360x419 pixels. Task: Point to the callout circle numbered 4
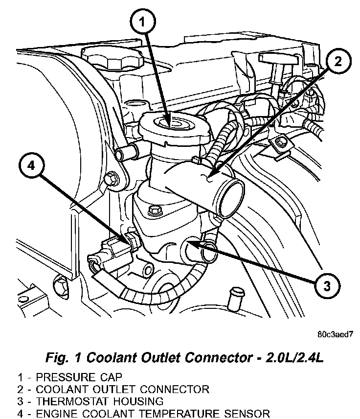point(31,165)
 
